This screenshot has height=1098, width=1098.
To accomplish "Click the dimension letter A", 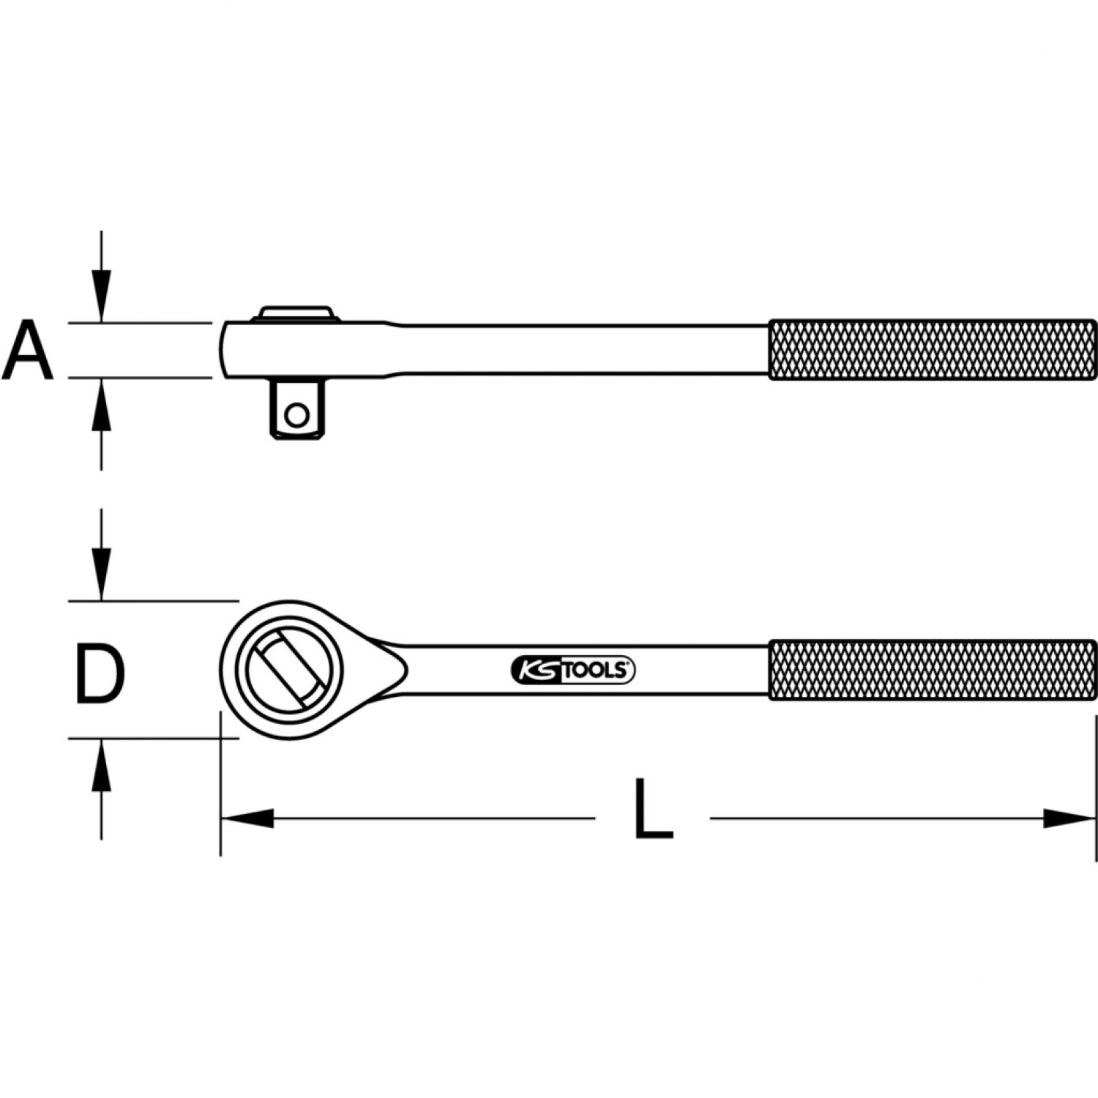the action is point(28,350).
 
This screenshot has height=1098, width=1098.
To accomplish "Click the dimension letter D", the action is point(100,673).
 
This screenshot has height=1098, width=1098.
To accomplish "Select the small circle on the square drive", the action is point(296,416).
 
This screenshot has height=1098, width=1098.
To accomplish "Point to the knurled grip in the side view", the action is point(933,350).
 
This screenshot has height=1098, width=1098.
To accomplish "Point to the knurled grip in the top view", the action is point(933,670).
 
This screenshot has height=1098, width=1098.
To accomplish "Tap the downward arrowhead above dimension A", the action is point(102,296).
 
